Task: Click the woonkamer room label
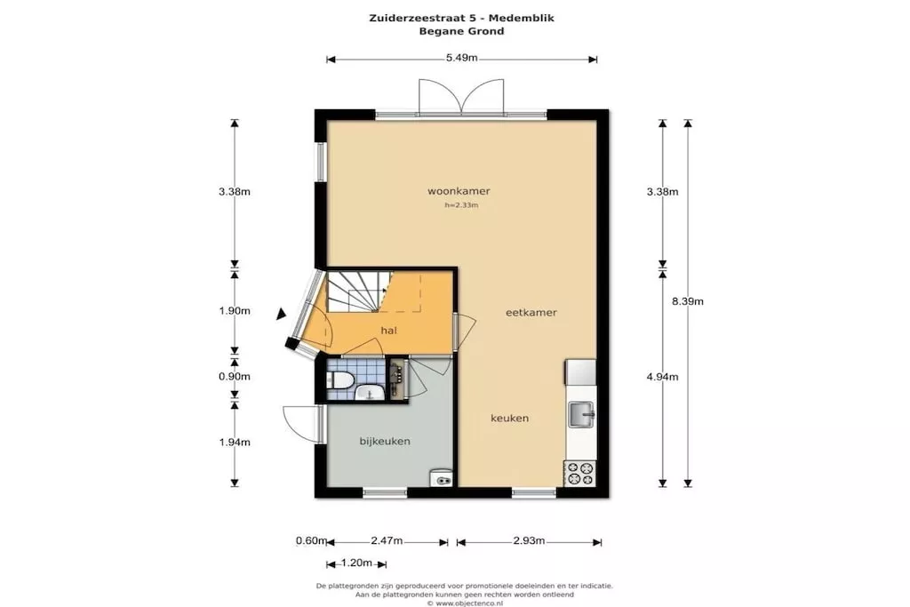pyautogui.click(x=459, y=191)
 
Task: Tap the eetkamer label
pyautogui.click(x=531, y=312)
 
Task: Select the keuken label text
pyautogui.click(x=509, y=418)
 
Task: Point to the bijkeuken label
pyautogui.click(x=385, y=441)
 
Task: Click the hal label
pyautogui.click(x=389, y=331)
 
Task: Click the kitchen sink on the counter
pyautogui.click(x=580, y=414)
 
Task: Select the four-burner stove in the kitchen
pyautogui.click(x=579, y=473)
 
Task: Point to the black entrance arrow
pyautogui.click(x=281, y=314)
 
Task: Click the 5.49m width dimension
pyautogui.click(x=462, y=58)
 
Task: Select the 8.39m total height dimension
pyautogui.click(x=688, y=301)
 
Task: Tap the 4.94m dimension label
pyautogui.click(x=662, y=377)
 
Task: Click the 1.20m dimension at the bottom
pyautogui.click(x=356, y=563)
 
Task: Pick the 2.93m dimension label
pyautogui.click(x=529, y=541)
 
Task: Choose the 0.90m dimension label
pyautogui.click(x=235, y=376)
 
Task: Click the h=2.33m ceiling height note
pyautogui.click(x=461, y=204)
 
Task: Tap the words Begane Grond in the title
pyautogui.click(x=461, y=31)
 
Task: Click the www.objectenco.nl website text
pyautogui.click(x=468, y=603)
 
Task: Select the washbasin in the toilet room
pyautogui.click(x=368, y=394)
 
